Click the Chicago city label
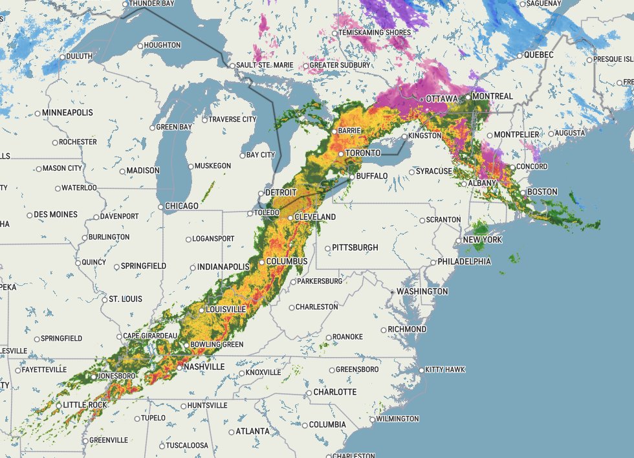[x=182, y=206]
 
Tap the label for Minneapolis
[x=68, y=113]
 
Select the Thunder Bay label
[x=153, y=3]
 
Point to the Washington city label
[x=422, y=292]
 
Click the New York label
[x=483, y=240]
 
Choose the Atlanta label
[x=252, y=431]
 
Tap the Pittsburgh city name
[x=355, y=248]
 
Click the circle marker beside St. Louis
[x=104, y=300]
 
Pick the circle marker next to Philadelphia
[x=433, y=263]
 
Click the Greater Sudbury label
[x=340, y=65]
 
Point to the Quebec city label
[x=539, y=55]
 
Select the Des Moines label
[x=55, y=215]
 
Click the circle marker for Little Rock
[x=59, y=406]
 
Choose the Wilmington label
[x=399, y=419]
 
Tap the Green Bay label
[x=175, y=127]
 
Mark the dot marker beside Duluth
[x=63, y=57]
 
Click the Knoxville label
[x=263, y=373]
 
